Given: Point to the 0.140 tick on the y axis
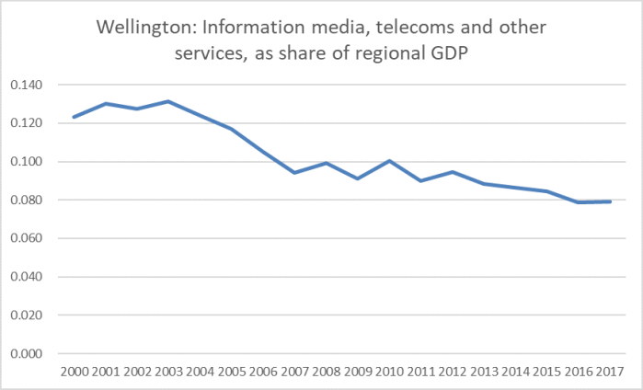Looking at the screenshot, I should pos(32,85).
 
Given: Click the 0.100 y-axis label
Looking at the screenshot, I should pos(32,162).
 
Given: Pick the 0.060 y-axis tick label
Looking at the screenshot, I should pos(32,238).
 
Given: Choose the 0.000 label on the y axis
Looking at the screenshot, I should pos(32,353).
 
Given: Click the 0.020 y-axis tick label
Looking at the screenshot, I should pos(32,315).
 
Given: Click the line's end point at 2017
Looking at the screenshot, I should pos(609,201).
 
